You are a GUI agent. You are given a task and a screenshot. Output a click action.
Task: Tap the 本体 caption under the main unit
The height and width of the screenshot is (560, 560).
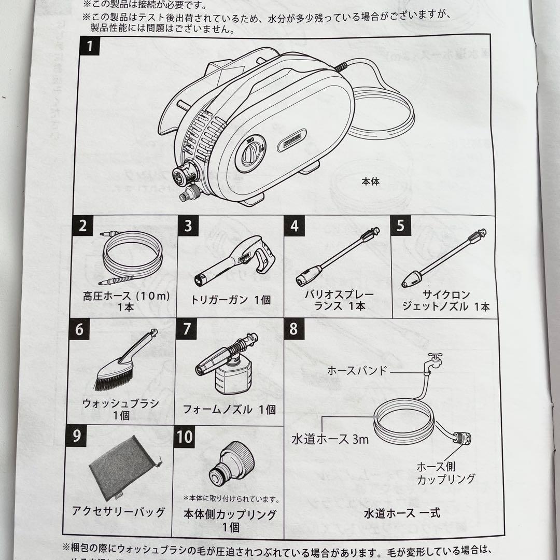[x=371, y=182]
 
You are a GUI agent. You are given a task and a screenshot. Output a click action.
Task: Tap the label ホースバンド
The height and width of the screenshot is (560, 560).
[x=357, y=371]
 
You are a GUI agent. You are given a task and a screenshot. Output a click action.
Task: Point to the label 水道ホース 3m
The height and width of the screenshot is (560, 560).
[x=330, y=439]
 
